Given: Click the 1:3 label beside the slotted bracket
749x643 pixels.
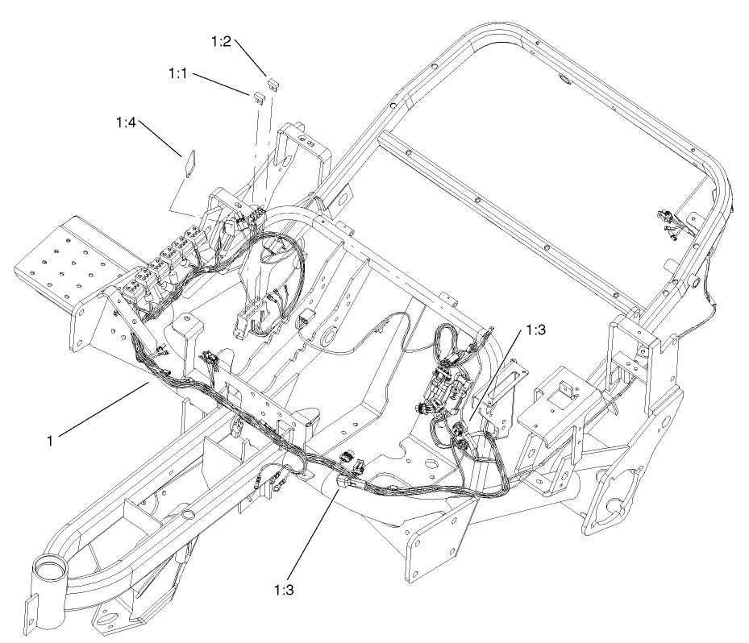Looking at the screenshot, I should tap(536, 330).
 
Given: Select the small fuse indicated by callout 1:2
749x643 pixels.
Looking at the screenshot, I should tap(273, 82).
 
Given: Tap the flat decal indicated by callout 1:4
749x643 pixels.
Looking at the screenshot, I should tap(189, 161).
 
